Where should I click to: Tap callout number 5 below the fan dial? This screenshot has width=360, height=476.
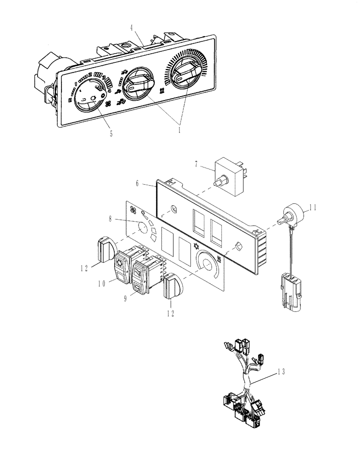(111, 134)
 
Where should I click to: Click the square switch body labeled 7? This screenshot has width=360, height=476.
(230, 171)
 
